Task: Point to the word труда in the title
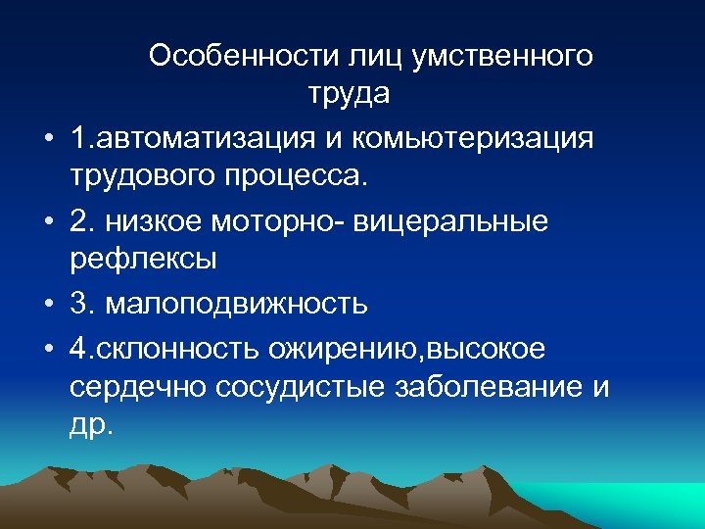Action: [350, 95]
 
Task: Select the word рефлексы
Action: [143, 263]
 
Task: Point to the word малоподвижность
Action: [234, 304]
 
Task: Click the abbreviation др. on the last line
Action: [92, 428]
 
